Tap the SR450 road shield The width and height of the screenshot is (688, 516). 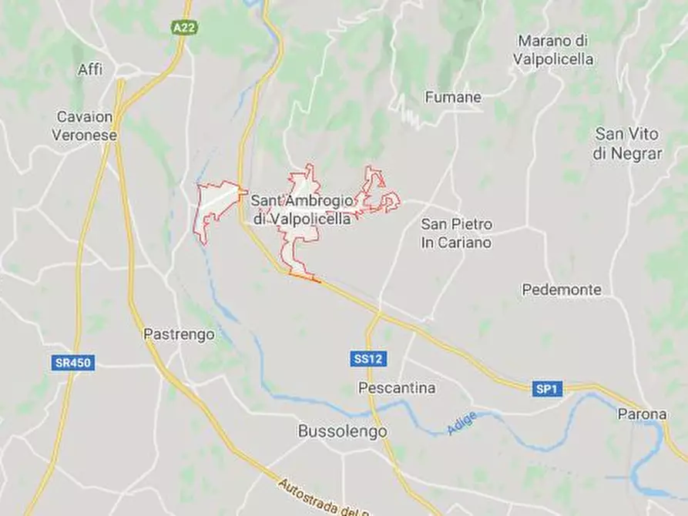click(74, 363)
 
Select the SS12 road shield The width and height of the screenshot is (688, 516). click(368, 359)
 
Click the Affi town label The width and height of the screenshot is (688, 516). click(89, 70)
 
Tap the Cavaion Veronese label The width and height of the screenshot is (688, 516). click(85, 126)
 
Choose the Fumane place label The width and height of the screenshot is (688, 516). click(453, 98)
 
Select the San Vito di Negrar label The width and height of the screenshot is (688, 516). click(628, 143)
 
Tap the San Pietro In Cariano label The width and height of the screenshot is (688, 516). click(456, 233)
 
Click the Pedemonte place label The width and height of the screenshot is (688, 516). click(561, 290)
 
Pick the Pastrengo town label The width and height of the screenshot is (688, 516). click(179, 335)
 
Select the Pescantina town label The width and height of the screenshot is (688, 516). click(397, 388)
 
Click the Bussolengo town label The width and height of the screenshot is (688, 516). click(342, 432)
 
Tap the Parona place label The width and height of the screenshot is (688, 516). click(642, 414)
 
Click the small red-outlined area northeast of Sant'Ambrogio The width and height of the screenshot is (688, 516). click(378, 193)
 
